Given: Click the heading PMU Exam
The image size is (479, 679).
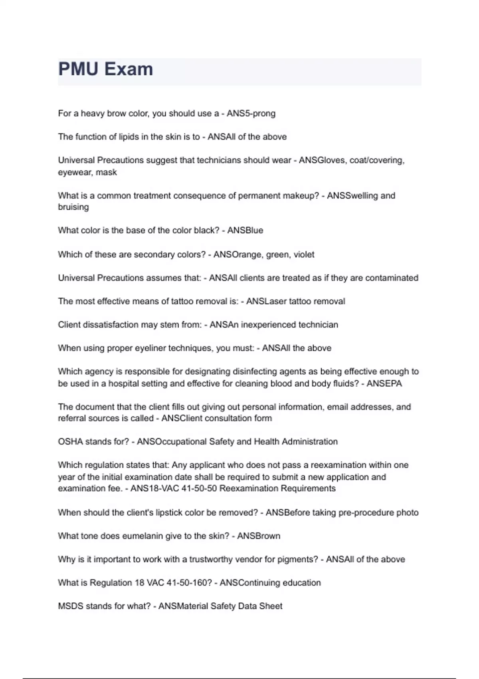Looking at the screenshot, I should coord(106,69).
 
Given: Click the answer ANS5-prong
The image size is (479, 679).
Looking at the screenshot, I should coord(251,113).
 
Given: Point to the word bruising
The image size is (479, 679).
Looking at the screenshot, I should coord(73,207).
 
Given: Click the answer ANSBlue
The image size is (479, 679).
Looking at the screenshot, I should coord(245,230).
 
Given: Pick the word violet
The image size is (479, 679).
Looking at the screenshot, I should coord(304,254).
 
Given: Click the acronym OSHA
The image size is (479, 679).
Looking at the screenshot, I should coord(70,442).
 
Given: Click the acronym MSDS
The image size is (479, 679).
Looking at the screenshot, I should coord(70,606).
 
